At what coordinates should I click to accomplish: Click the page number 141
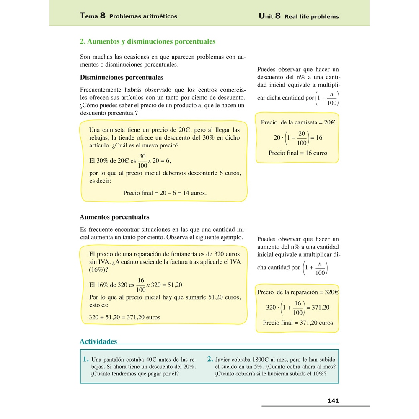point(333,401)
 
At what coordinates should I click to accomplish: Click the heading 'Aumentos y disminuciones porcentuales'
point(147,41)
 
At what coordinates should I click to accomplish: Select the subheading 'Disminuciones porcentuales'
point(121,78)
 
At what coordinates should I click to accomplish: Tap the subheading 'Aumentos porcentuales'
point(114,217)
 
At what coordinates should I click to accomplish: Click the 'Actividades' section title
point(98,341)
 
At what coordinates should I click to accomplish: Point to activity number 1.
point(86,359)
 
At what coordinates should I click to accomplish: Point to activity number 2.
point(210,359)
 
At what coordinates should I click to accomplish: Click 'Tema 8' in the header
point(92,16)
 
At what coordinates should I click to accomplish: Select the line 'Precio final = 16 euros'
point(297,153)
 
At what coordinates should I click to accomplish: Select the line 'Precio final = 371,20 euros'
point(297,323)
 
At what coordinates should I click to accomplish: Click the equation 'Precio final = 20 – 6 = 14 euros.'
point(165,193)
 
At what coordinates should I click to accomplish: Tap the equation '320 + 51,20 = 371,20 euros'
point(124,317)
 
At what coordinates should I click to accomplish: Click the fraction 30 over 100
point(142,160)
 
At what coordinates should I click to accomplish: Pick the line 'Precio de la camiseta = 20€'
point(297,122)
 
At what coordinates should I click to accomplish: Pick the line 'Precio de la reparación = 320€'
point(297,292)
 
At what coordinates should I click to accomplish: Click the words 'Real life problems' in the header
point(311,17)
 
